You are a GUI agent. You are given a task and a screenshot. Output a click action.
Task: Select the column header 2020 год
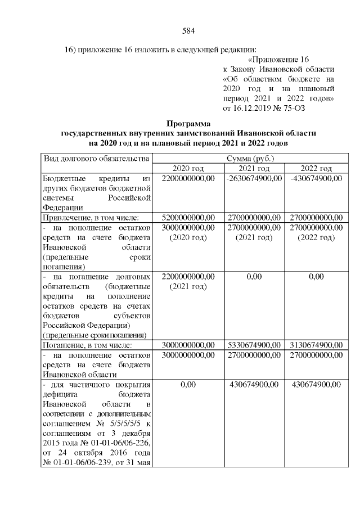point(188,169)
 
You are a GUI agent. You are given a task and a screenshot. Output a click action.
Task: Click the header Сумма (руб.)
point(251,159)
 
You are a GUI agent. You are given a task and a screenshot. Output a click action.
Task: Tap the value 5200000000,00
point(188,217)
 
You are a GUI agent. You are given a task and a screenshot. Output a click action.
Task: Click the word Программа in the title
point(188,123)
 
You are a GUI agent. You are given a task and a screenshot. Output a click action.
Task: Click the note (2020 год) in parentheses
point(188,237)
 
